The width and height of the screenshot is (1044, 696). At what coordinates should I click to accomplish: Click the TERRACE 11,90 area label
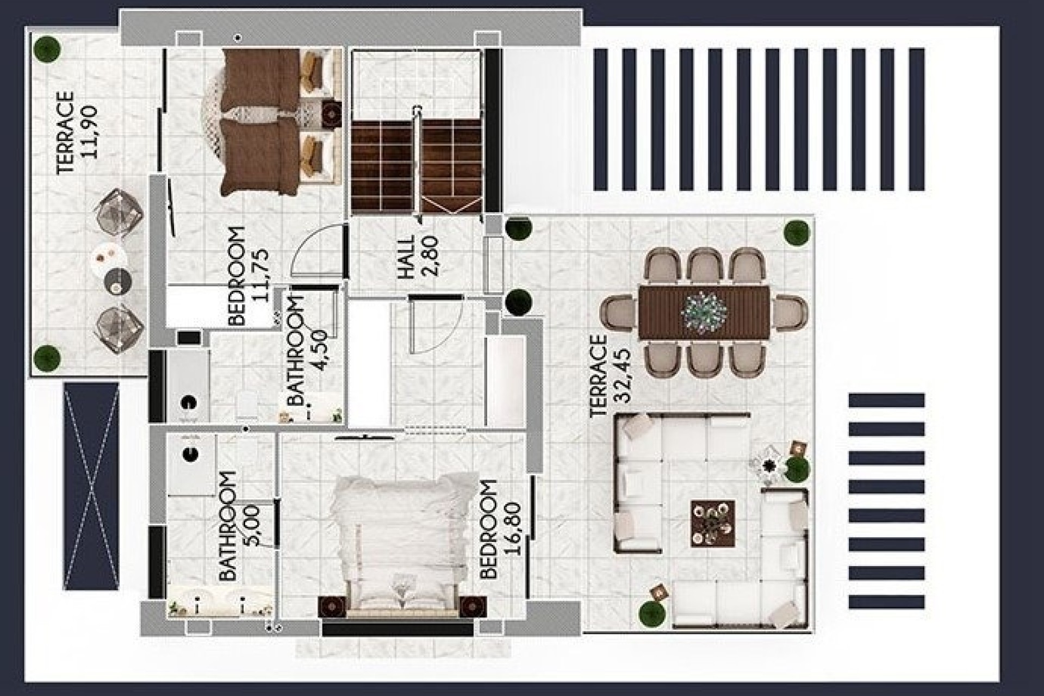coord(77,133)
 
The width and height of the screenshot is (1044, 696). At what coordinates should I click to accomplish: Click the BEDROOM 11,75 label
coord(248,276)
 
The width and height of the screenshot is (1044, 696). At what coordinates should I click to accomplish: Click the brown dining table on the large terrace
coord(704,313)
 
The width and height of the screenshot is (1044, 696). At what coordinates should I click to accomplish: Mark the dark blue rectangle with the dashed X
coord(91,486)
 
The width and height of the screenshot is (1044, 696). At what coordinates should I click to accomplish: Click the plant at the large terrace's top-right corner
coord(797,232)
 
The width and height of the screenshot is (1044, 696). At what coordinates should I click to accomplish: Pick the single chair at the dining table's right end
coord(790,313)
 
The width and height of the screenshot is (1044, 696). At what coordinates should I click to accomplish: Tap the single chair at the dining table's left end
coord(618,313)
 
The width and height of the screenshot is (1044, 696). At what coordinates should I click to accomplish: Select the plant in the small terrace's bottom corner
coord(47,357)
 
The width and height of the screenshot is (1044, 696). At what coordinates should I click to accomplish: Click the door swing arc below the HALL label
coord(435,326)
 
